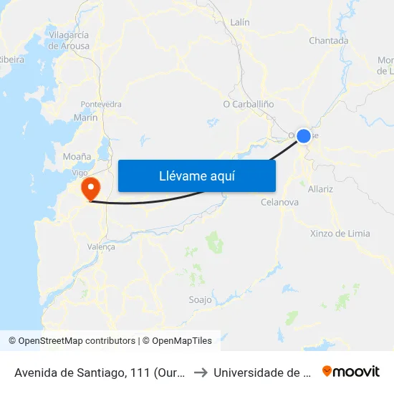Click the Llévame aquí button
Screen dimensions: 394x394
(x=196, y=176)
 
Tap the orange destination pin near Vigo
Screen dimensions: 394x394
(x=91, y=188)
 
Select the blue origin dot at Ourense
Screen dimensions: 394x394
(x=304, y=135)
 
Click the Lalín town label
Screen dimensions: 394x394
(x=240, y=22)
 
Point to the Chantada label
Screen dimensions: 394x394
(x=328, y=41)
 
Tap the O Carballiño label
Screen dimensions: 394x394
(x=249, y=104)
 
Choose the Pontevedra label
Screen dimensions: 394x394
(x=101, y=104)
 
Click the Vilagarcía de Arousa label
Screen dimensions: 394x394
(x=69, y=40)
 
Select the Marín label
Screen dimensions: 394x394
(x=85, y=117)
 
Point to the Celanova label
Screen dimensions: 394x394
(x=279, y=203)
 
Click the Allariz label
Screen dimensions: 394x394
(x=320, y=189)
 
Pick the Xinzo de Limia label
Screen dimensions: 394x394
(x=340, y=234)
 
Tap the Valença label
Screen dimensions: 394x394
(x=100, y=246)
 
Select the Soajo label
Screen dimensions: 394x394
(x=200, y=300)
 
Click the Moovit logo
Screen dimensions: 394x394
(x=351, y=371)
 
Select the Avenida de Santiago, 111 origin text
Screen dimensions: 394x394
(x=100, y=372)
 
